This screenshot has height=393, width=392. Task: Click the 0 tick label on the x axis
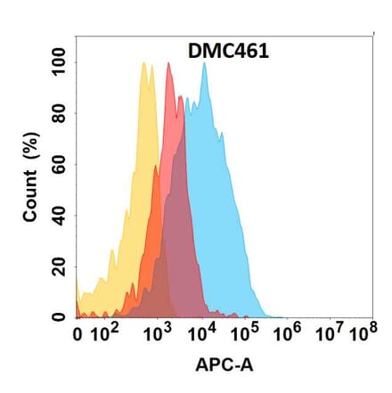pos(78,336)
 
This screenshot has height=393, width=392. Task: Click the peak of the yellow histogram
pos(143,63)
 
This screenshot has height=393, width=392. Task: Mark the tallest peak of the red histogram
pos(168,63)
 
